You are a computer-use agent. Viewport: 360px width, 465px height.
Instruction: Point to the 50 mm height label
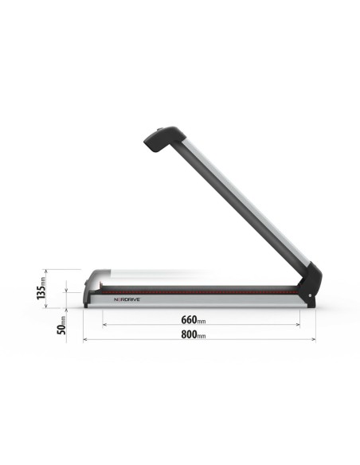[61, 326]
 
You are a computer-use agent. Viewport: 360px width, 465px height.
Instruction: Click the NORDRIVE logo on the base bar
[126, 300]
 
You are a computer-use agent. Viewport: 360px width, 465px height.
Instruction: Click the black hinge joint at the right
[311, 285]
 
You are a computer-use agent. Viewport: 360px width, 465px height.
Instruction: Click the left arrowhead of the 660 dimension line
[104, 324]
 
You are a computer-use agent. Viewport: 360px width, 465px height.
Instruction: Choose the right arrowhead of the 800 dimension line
[314, 339]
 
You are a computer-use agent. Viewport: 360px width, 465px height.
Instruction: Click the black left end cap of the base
[87, 299]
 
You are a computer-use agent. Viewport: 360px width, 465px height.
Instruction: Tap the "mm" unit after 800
[202, 337]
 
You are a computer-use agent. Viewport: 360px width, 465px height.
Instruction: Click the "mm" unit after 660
[202, 322]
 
